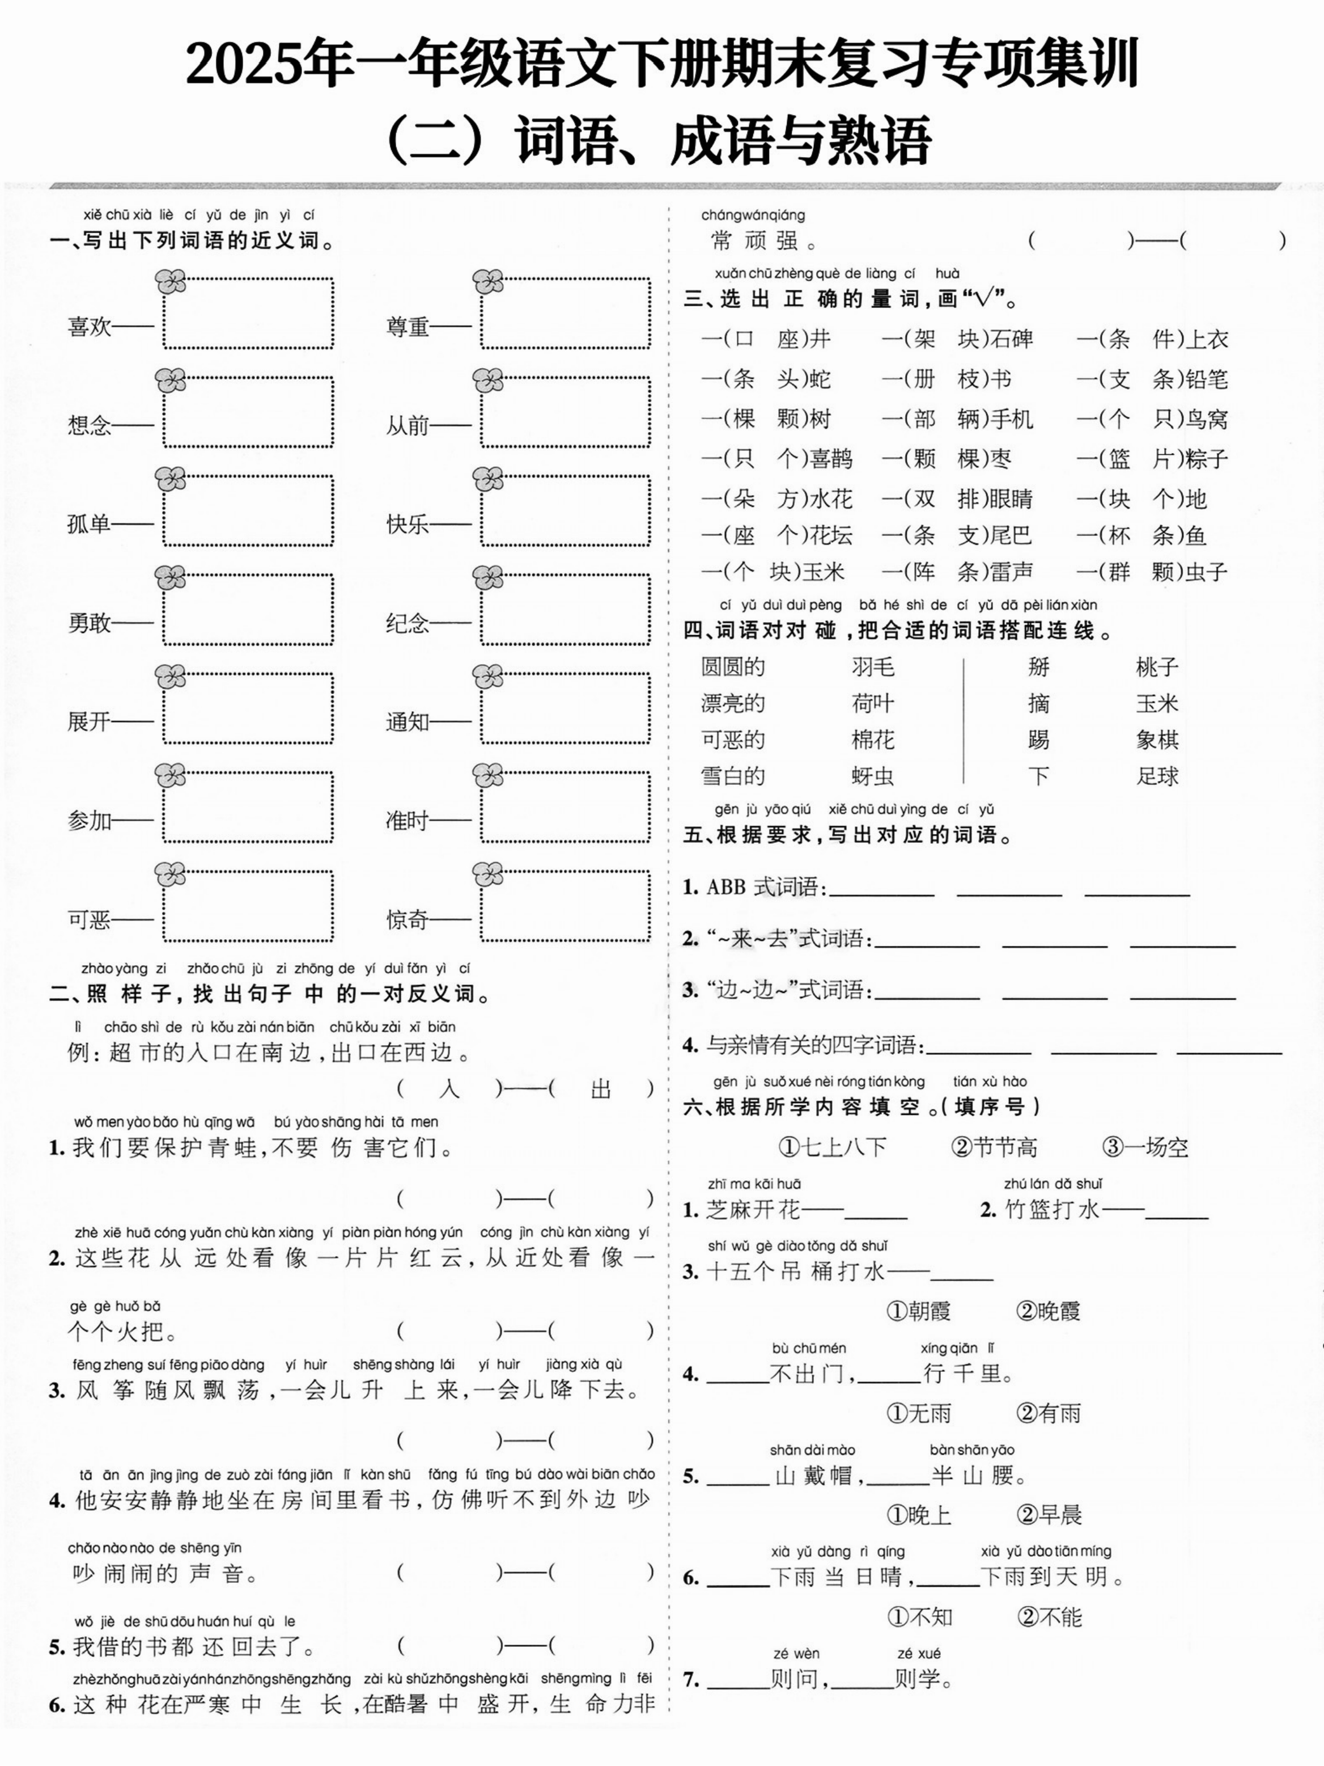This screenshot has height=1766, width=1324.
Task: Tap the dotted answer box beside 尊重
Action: point(565,313)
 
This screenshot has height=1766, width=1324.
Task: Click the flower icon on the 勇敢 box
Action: point(170,578)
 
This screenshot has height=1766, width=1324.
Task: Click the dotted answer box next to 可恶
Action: point(248,906)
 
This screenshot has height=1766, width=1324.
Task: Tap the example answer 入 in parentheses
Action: point(449,1089)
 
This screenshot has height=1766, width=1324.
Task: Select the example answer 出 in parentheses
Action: point(600,1089)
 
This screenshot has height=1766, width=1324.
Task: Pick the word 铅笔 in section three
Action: point(1207,379)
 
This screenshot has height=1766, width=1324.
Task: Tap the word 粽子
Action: point(1207,459)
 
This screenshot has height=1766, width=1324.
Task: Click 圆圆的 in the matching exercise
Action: point(733,666)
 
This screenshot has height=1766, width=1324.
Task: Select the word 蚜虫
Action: point(872,776)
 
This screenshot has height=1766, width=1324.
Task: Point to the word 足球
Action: point(1157,776)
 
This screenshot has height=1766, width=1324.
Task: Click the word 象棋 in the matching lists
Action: point(1157,740)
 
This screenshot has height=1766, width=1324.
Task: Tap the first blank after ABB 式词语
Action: point(882,889)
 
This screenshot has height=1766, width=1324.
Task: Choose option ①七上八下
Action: point(833,1147)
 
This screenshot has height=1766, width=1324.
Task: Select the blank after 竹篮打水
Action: point(1177,1211)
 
